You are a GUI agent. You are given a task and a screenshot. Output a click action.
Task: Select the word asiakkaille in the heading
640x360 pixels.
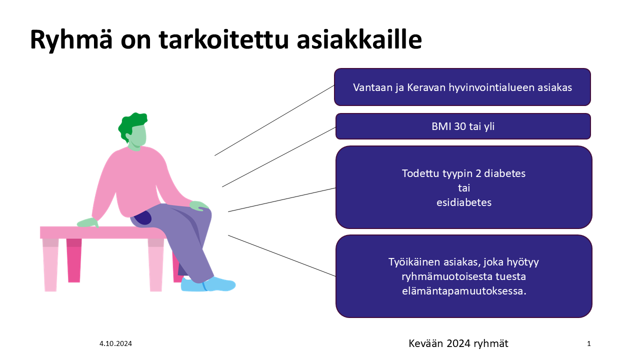[359, 39]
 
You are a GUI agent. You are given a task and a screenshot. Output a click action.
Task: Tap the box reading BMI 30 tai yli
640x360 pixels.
[463, 126]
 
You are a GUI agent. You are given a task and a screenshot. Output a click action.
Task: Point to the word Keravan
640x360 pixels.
[426, 87]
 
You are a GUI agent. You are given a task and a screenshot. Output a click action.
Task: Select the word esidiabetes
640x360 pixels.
[464, 202]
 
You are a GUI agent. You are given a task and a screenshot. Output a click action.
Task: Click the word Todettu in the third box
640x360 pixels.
[421, 173]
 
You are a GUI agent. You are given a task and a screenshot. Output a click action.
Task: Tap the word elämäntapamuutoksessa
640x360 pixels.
[464, 291]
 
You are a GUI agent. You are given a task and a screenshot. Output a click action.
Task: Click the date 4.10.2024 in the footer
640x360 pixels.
[115, 343]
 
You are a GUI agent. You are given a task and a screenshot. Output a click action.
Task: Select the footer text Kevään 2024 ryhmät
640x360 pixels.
[458, 343]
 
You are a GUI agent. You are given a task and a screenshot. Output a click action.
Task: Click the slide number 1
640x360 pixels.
[589, 343]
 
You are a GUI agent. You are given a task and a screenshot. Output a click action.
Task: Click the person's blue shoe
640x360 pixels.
[208, 284]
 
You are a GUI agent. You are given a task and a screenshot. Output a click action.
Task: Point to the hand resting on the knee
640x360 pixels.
[199, 205]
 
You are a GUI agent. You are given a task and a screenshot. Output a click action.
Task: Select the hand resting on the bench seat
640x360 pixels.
[88, 222]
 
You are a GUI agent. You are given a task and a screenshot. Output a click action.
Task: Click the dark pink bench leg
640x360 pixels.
[74, 260]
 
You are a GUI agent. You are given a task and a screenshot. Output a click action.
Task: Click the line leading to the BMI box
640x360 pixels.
[279, 157]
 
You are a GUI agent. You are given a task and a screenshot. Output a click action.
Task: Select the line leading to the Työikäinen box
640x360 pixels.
[281, 255]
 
